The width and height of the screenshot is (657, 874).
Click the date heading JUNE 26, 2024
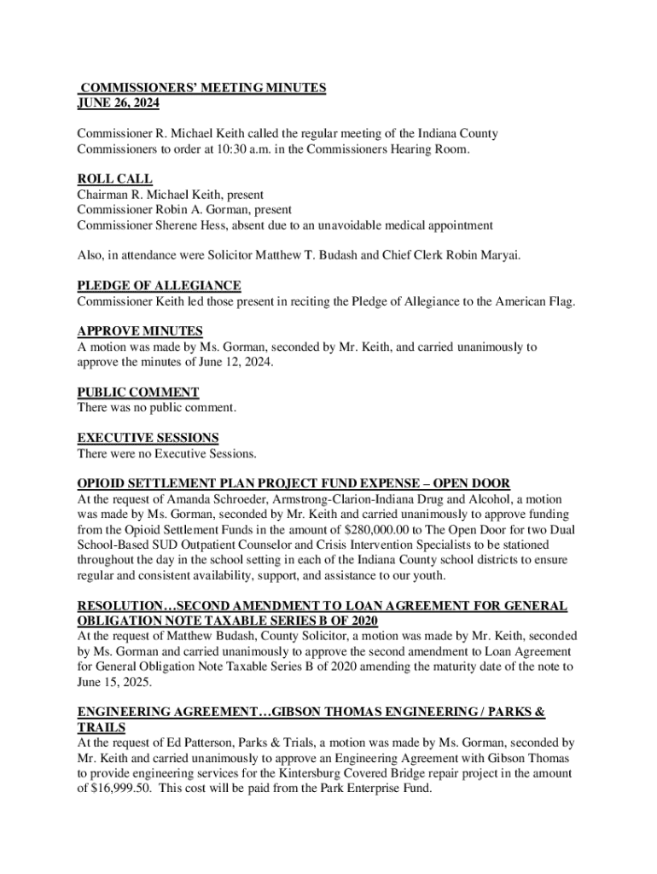118,103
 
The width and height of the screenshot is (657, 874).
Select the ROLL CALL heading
114,179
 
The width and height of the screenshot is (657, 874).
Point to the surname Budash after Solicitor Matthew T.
361,255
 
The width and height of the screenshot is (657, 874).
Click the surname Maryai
495,255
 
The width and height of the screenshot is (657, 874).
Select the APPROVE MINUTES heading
140,332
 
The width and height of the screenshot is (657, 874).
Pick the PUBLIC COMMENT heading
138,393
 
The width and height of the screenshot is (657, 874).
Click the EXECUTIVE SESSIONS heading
148,439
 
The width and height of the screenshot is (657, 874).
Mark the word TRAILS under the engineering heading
102,727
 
